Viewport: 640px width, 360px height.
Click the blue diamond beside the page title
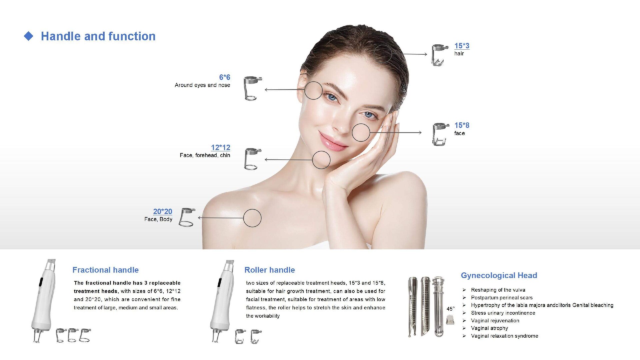pos(29,36)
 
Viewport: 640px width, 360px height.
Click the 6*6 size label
pos(225,77)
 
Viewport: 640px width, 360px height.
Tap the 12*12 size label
pos(221,147)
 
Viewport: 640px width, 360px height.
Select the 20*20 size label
pos(163,211)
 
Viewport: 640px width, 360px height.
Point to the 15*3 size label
pos(462,46)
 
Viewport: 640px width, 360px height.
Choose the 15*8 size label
pos(462,125)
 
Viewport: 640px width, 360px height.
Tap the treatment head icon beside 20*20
pos(187,217)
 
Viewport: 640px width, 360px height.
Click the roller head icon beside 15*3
pos(440,55)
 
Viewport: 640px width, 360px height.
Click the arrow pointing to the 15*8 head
pos(396,133)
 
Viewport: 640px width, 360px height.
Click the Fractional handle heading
pos(105,270)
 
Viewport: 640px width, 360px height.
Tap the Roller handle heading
pos(270,270)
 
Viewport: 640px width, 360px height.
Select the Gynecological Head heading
pos(499,275)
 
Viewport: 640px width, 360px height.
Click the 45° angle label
pos(451,309)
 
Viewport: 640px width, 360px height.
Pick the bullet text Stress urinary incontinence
pos(503,313)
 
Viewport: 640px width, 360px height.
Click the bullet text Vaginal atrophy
pos(489,328)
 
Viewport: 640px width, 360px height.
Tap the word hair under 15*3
pos(459,54)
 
